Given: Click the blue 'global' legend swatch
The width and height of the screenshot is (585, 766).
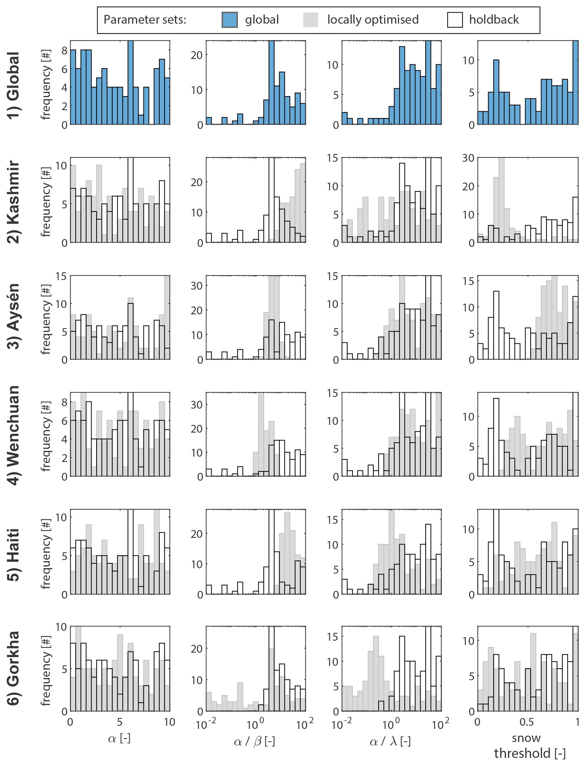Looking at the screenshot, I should (x=229, y=20).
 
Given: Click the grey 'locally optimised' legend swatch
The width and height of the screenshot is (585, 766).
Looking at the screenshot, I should (x=311, y=20).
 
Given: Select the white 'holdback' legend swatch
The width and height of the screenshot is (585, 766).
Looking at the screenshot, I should (x=455, y=20).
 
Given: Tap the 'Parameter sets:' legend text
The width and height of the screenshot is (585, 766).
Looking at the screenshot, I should (x=145, y=20).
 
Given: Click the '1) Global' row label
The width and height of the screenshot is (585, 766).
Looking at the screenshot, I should (x=14, y=86).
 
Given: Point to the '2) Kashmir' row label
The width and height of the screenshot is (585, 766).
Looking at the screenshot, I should (x=14, y=202).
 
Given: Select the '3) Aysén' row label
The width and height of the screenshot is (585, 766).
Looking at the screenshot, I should (x=14, y=316).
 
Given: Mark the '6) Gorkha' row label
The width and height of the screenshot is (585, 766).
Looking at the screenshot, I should (x=14, y=668).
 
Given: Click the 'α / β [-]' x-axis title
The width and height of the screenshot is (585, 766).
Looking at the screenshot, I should (x=254, y=741).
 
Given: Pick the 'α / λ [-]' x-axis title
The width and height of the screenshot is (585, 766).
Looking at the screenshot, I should (x=390, y=741).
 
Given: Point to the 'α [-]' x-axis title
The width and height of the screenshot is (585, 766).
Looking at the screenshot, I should (x=119, y=738).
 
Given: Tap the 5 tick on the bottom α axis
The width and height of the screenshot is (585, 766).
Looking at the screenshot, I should (x=120, y=722).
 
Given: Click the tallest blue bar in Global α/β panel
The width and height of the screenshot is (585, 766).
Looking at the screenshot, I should (x=271, y=83).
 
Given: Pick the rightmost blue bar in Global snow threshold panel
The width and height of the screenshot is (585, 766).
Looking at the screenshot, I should (x=575, y=83).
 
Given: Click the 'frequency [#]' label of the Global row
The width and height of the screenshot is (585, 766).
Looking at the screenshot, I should (x=46, y=85).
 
